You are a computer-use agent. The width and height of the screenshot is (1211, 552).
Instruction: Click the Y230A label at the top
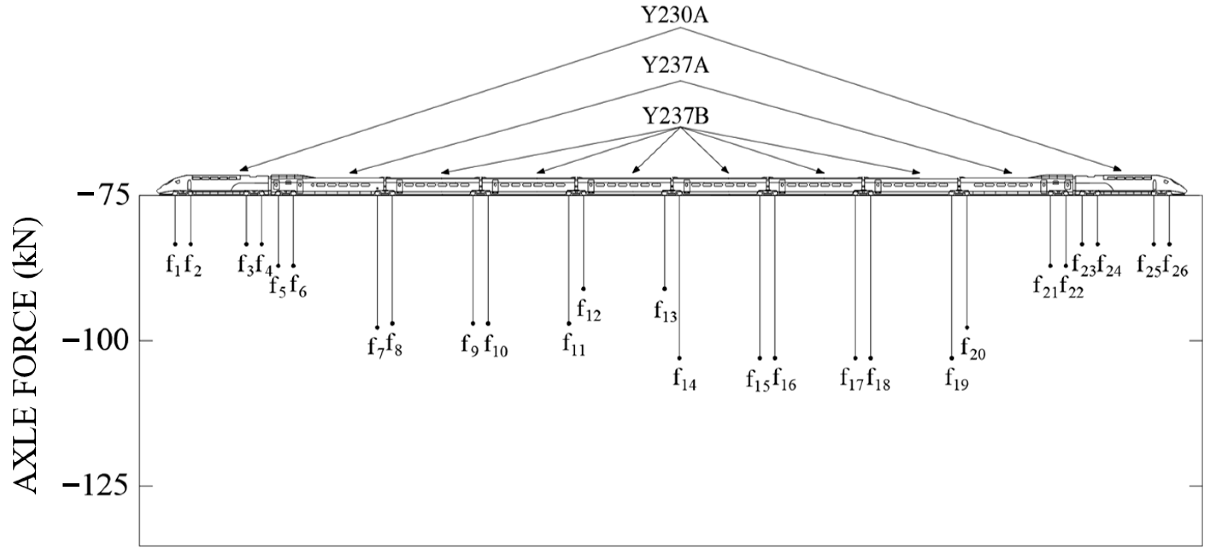(676, 15)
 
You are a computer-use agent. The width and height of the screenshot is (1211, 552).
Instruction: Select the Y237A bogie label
(676, 66)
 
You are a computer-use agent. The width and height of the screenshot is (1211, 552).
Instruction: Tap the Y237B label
(676, 117)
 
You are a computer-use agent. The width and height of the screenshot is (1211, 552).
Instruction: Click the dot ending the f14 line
(679, 358)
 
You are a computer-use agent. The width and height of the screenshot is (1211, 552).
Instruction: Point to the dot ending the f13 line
(664, 288)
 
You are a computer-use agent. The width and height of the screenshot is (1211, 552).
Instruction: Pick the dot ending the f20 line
(967, 327)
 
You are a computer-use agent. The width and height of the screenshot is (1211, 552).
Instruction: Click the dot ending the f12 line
(584, 288)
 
